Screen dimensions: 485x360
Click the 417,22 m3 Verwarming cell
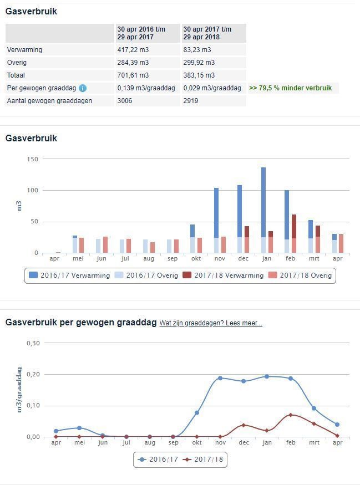tap(133, 50)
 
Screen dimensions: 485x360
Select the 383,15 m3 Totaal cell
tap(199, 75)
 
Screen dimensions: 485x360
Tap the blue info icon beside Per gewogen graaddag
tap(83, 88)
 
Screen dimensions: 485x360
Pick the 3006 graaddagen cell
tap(125, 101)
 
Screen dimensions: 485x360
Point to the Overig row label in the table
tap(17, 63)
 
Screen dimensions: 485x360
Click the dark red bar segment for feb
tap(294, 226)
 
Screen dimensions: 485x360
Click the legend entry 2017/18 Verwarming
tap(224, 275)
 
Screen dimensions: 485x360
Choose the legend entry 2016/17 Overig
tap(144, 275)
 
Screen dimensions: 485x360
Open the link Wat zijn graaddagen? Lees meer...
tap(211, 323)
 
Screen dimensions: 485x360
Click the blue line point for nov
tap(220, 378)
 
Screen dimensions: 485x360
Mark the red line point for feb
tap(291, 415)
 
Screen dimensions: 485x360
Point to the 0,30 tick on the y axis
tap(34, 343)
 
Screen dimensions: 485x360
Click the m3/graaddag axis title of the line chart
tap(19, 389)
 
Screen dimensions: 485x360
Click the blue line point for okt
tap(197, 412)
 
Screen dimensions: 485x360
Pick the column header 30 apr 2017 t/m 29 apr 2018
tap(207, 33)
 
